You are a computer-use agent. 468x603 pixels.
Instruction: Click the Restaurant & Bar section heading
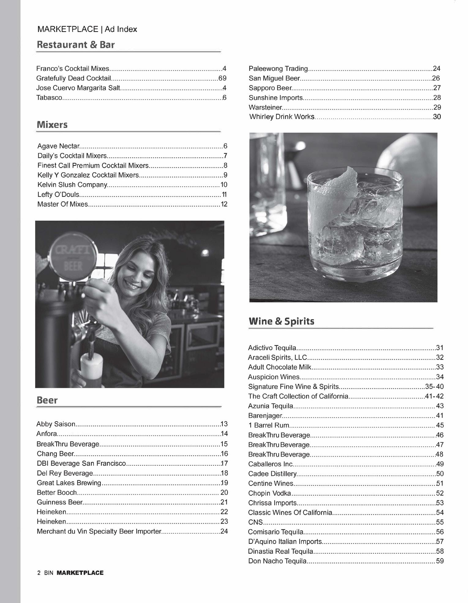tap(76, 45)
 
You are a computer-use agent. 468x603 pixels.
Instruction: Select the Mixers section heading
tap(52, 124)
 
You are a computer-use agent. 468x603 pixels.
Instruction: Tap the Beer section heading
tap(47, 400)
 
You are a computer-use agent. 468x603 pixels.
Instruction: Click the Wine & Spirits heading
tap(281, 321)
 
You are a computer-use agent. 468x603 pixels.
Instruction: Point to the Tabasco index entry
tap(49, 97)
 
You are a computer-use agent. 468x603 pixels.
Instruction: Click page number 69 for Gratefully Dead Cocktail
tap(222, 78)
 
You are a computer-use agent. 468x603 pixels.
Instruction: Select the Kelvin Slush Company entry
tap(72, 185)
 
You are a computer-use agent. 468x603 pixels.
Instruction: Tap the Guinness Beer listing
tap(60, 502)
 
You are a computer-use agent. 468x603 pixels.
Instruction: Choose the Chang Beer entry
tap(55, 453)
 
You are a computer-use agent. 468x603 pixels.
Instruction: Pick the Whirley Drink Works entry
tap(282, 117)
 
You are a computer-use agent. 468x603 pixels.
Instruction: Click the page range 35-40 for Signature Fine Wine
tap(434, 387)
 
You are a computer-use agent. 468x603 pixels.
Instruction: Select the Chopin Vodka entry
tap(269, 493)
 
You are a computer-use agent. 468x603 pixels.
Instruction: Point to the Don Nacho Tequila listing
tap(277, 561)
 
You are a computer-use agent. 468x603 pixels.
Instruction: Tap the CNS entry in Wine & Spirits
tap(255, 522)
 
